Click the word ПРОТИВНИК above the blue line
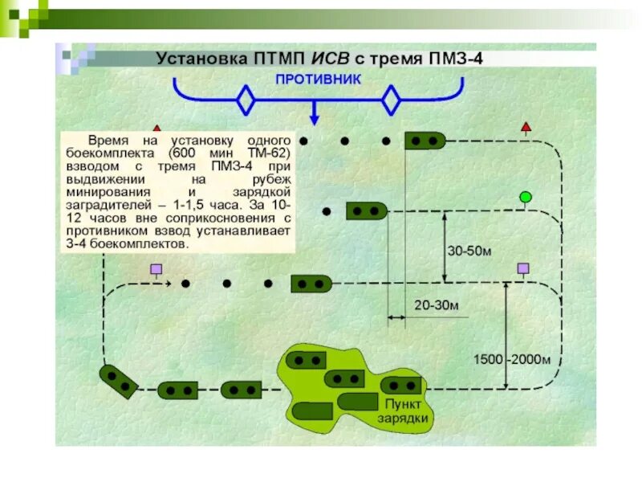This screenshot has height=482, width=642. tap(318, 80)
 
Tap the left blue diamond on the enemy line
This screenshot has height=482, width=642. tap(246, 101)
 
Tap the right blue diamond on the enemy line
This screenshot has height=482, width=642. tap(391, 101)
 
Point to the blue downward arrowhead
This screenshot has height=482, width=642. tap(315, 121)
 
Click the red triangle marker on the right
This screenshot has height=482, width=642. tap(526, 126)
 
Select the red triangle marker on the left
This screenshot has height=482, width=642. tap(157, 129)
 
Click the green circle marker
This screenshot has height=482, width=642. tap(526, 197)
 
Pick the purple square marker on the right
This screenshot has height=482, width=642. tap(523, 268)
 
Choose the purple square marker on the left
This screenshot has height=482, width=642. tap(156, 269)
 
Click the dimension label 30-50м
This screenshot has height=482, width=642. tap(470, 251)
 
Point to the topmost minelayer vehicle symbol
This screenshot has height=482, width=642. tap(425, 141)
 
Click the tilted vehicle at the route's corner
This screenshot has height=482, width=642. tap(117, 381)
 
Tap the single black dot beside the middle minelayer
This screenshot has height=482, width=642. tap(327, 211)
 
